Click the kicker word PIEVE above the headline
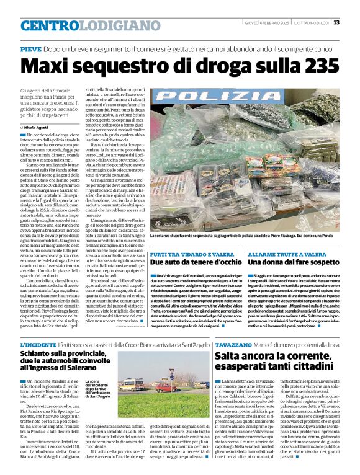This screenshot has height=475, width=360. [31, 48]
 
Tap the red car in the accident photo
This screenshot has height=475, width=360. [162, 388]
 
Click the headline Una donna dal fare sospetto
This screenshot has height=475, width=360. [287, 264]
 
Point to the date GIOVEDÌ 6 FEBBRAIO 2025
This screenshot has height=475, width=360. [268, 22]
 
